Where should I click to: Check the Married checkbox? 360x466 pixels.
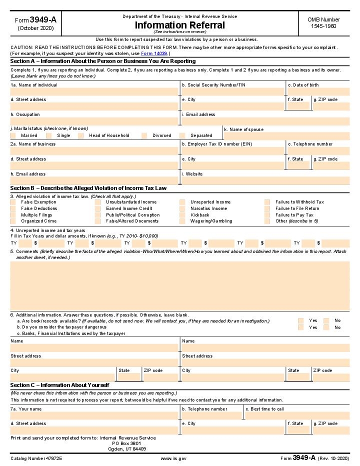point(13,135)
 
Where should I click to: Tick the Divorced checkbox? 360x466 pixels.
point(144,135)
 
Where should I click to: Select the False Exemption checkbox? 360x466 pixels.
point(13,202)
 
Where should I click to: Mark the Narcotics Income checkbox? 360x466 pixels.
point(182,208)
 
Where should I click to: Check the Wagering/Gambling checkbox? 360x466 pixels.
point(182,221)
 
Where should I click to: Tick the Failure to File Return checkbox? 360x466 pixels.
point(268,208)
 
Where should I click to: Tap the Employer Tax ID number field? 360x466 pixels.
point(232,150)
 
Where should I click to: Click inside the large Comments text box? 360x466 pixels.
point(179,285)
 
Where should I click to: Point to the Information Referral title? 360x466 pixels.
point(179,25)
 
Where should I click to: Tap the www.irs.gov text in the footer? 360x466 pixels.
point(173,458)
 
